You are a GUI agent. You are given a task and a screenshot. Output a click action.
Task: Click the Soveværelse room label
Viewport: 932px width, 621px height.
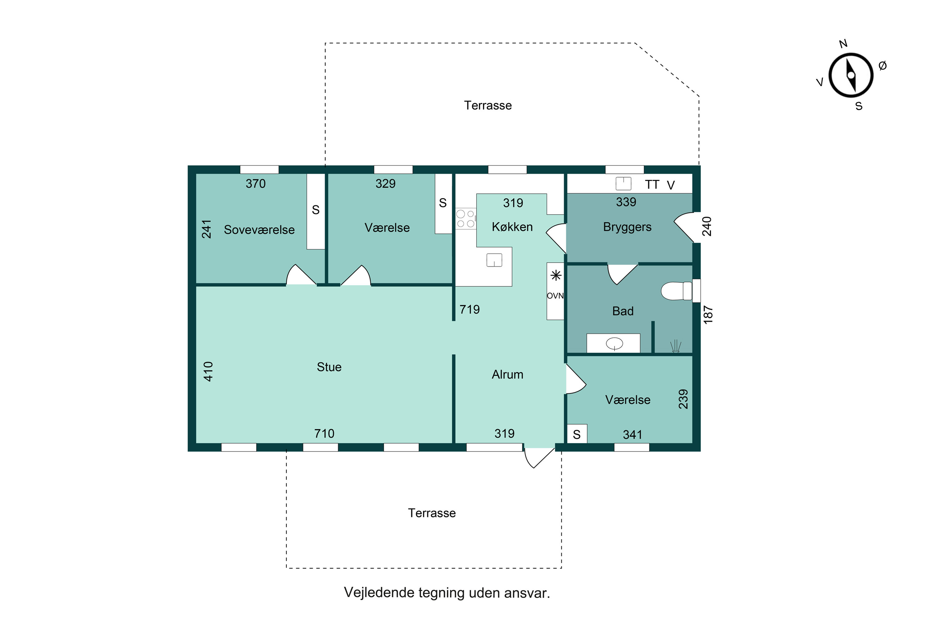[259, 230]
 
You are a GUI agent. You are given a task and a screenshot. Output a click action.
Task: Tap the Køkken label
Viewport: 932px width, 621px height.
[512, 227]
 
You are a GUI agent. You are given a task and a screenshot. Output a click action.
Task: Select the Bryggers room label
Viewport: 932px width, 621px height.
[627, 227]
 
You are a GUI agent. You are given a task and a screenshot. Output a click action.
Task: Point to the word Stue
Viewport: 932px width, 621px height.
[329, 367]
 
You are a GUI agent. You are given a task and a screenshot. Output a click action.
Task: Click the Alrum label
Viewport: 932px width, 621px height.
[507, 375]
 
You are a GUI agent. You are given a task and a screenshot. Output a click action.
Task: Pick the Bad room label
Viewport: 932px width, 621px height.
[623, 311]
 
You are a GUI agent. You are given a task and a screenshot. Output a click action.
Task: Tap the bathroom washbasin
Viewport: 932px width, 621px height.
[614, 343]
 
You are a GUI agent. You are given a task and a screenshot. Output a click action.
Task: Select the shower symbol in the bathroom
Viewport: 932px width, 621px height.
[676, 347]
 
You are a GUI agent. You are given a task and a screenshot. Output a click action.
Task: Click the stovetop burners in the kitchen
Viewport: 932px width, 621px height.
[466, 219]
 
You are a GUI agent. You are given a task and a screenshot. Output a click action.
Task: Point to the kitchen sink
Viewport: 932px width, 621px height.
[494, 260]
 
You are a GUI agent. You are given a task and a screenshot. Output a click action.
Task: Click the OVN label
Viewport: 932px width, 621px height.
[555, 296]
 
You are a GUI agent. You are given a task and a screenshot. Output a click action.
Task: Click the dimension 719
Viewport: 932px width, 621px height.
[469, 309]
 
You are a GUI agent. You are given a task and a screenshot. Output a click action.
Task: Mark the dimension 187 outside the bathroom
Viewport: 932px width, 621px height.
[708, 315]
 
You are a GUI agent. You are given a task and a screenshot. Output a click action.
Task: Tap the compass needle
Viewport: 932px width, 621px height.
[851, 75]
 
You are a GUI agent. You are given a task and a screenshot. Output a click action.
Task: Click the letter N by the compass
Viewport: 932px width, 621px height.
[843, 43]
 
